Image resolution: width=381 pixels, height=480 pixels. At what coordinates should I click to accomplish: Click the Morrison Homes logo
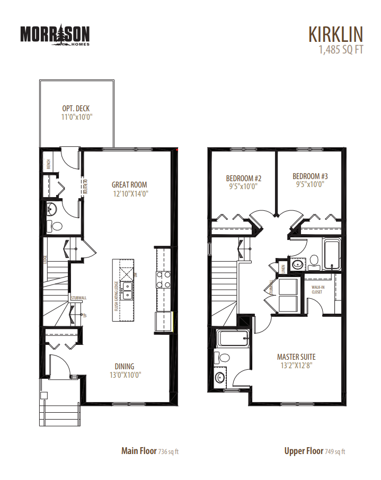pyautogui.click(x=55, y=35)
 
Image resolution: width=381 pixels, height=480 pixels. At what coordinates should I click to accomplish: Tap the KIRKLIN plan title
pyautogui.click(x=335, y=34)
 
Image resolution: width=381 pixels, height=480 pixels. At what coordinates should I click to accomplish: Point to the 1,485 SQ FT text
pyautogui.click(x=341, y=50)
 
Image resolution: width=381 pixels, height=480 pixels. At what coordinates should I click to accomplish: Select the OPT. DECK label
pyautogui.click(x=76, y=109)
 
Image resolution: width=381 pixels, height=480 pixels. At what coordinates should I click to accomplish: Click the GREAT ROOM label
pyautogui.click(x=129, y=185)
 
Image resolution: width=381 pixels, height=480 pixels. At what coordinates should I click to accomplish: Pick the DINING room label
pyautogui.click(x=125, y=366)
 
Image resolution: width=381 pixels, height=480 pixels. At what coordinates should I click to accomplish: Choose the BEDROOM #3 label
pyautogui.click(x=310, y=176)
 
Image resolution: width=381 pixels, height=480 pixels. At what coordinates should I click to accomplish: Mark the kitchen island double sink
pyautogui.click(x=128, y=289)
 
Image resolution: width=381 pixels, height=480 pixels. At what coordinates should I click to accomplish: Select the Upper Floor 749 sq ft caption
pyautogui.click(x=314, y=451)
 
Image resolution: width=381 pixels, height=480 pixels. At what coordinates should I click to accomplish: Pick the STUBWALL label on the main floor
pyautogui.click(x=78, y=298)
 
